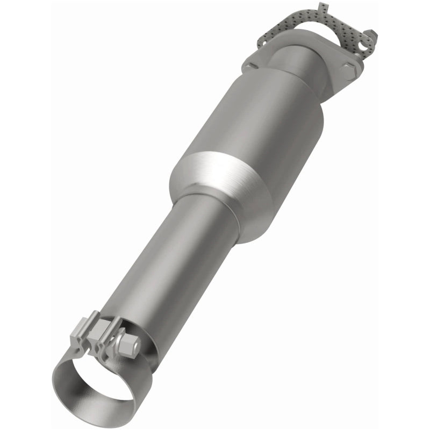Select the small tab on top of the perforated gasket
(x=322, y=8)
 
